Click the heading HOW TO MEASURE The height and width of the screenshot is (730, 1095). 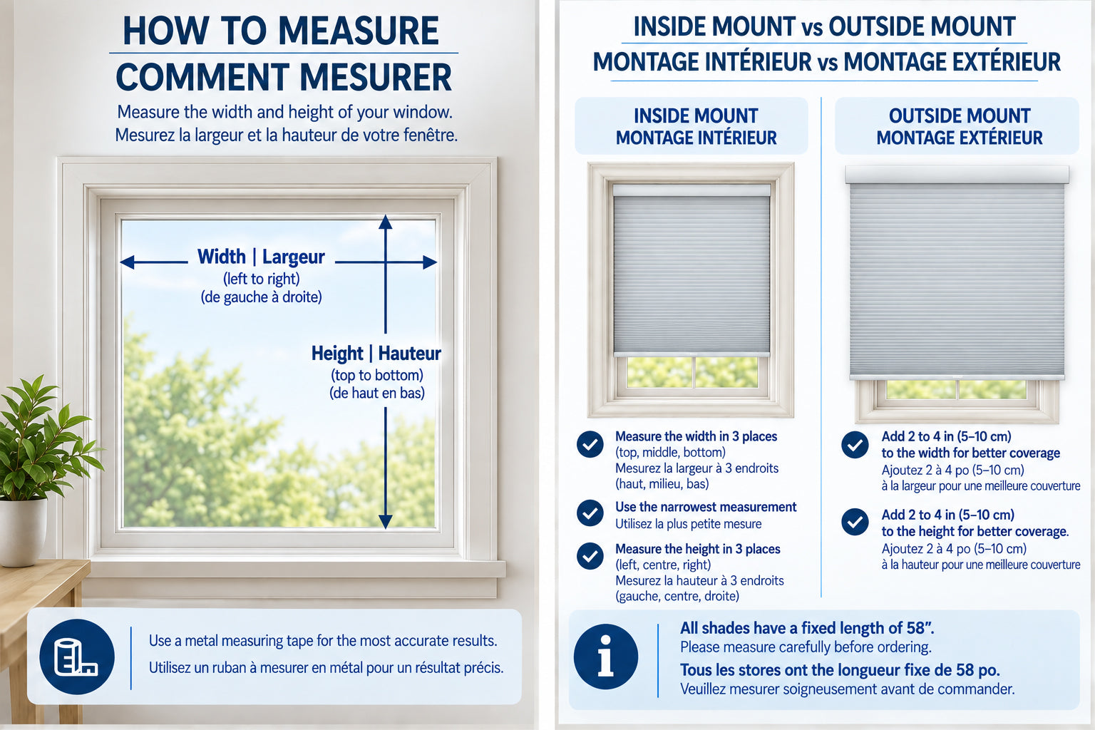tap(281, 31)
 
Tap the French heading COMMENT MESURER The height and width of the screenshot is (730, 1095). tap(284, 77)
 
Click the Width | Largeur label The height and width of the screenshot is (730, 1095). tap(261, 257)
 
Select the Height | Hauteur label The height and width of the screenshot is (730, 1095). tap(376, 353)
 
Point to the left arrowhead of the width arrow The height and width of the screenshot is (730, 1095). tap(127, 262)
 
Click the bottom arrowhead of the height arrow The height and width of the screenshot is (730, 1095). tap(385, 521)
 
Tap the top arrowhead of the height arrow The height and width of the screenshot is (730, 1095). tap(385, 222)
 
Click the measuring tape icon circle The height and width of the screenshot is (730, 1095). tap(77, 657)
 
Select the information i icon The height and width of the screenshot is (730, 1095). tap(606, 656)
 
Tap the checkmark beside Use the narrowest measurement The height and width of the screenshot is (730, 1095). tap(590, 513)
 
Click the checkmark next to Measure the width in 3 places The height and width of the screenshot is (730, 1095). tap(590, 444)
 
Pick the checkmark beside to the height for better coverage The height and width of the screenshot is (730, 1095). tap(855, 522)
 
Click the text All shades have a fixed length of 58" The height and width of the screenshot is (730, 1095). tap(807, 628)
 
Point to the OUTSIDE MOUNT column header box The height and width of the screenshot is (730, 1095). tap(957, 126)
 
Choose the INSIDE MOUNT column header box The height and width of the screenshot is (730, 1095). tap(692, 126)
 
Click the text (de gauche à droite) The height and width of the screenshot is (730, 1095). tap(261, 297)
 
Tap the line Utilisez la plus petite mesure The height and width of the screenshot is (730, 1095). tap(688, 524)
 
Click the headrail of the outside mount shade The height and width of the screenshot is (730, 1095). tap(957, 175)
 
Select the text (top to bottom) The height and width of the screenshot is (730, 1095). tap(377, 376)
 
